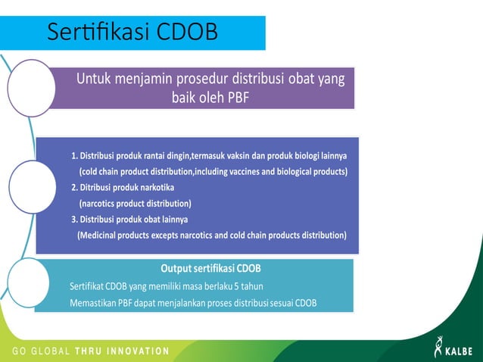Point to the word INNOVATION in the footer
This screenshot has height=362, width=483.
136,351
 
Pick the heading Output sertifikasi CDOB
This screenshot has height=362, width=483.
210,269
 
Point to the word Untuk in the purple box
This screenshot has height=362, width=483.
97,78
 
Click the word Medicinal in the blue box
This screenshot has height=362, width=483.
101,236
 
